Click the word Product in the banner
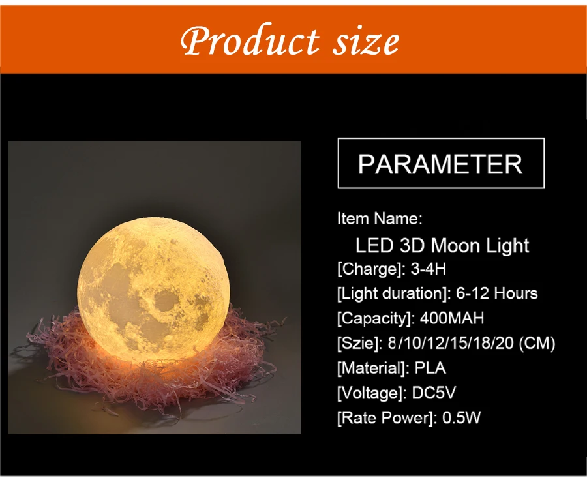click(250, 40)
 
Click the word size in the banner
click(366, 42)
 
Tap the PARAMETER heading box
click(441, 163)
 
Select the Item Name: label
click(380, 218)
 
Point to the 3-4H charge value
click(429, 269)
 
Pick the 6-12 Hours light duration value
click(497, 293)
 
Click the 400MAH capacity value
click(452, 318)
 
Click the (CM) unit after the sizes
click(537, 343)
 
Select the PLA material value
click(430, 368)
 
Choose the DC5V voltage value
click(434, 393)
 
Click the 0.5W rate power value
click(461, 417)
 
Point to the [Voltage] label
click(371, 393)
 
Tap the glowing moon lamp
click(148, 289)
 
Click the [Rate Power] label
click(387, 418)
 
